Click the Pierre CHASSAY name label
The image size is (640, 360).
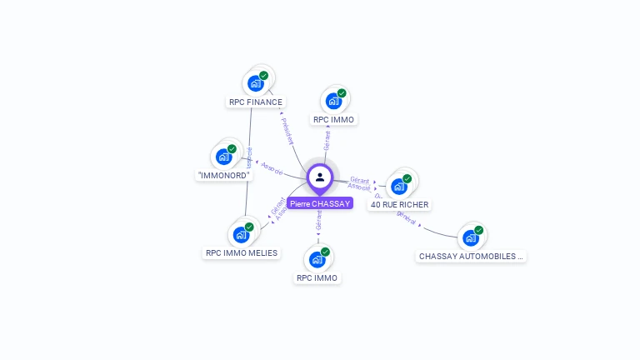pos(320,203)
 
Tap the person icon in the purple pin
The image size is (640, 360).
pos(320,177)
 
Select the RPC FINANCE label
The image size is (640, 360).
pos(255,102)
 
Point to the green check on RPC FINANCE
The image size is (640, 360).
pos(263,76)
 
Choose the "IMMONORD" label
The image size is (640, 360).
pos(224,175)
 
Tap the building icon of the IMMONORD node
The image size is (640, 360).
pos(223,156)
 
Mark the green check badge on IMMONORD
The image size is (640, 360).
pos(232,149)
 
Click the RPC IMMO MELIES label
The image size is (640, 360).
pos(242,252)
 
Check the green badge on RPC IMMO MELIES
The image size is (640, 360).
pos(249,227)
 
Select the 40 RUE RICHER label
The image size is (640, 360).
pos(400,205)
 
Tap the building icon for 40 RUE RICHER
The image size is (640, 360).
pos(399,186)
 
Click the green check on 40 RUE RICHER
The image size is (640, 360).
pos(407,178)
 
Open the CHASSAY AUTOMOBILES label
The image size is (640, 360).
pos(472,257)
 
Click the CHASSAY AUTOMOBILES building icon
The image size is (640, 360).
pos(471,237)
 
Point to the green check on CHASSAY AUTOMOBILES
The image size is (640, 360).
pos(479,230)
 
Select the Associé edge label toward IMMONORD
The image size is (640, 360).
pos(272,167)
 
